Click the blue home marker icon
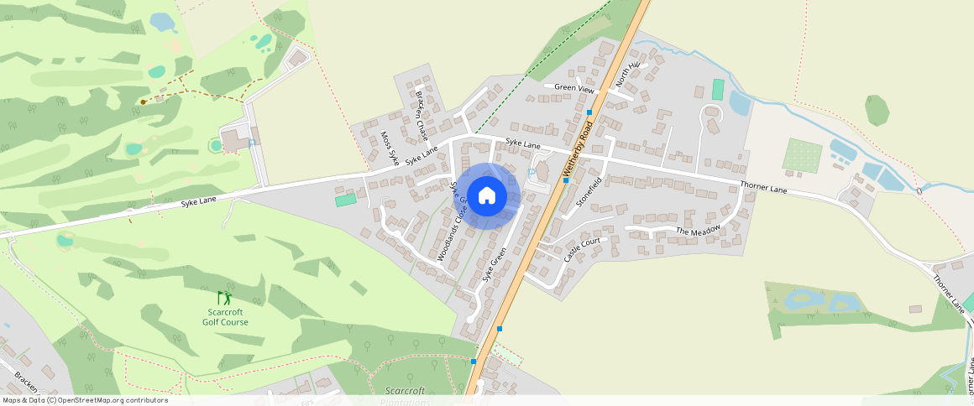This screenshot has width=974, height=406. click(x=486, y=195)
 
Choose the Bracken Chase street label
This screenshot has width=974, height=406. click(x=422, y=115)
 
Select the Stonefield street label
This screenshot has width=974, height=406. click(x=589, y=192)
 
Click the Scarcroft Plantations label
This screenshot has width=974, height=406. click(x=405, y=395)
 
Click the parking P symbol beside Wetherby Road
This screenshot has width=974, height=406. click(x=531, y=173)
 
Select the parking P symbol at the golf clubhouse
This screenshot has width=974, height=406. click(x=251, y=143)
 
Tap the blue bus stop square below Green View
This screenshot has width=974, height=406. click(x=590, y=112)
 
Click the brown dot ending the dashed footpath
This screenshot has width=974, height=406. click(x=144, y=101)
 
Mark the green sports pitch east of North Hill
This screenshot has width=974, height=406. click(x=718, y=89)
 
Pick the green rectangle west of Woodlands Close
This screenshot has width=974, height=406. click(x=345, y=200)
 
